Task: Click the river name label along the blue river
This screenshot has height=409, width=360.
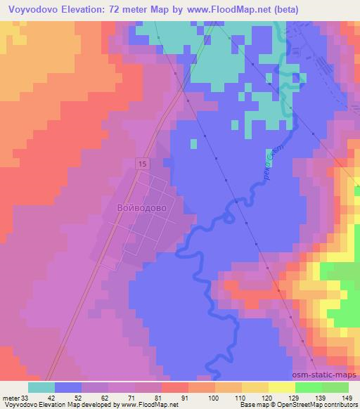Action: point(270,167)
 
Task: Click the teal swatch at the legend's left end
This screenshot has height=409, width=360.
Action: point(41,387)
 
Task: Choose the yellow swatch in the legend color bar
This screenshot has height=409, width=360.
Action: point(281,387)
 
